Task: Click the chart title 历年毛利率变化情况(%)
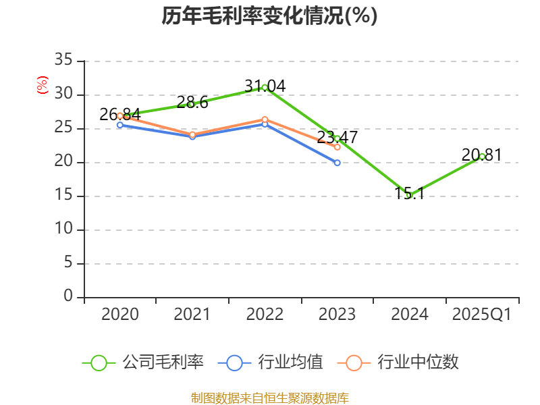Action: coord(269,16)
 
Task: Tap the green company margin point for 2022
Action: coord(265,87)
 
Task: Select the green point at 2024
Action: coord(409,195)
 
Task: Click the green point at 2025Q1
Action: coord(482,156)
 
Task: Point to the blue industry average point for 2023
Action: coord(337,163)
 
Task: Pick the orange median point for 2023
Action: coord(337,146)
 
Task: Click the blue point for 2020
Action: coord(120,125)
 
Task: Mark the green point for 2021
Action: coord(192,104)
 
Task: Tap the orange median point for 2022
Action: coord(265,119)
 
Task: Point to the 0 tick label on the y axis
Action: coord(67,296)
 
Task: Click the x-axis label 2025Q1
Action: coord(482,315)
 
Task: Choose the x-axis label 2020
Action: coord(120,315)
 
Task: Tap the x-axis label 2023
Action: coord(337,315)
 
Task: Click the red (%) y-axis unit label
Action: coord(43,86)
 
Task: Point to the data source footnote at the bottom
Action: coord(269,398)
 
